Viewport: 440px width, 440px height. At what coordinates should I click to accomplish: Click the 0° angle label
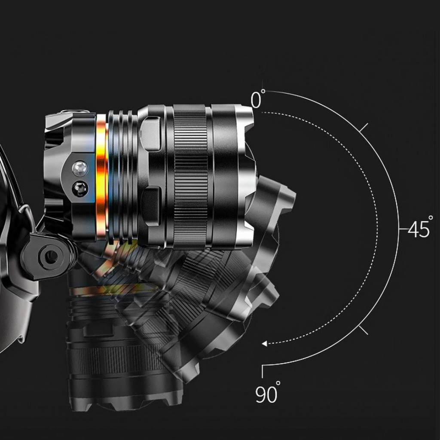[x=257, y=100]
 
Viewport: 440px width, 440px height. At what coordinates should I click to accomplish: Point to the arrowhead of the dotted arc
[x=264, y=343]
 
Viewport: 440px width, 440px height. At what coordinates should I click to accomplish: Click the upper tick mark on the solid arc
[x=364, y=127]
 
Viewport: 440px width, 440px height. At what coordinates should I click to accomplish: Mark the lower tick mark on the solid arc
[x=364, y=330]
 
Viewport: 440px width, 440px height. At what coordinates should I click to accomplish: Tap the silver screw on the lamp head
[x=80, y=168]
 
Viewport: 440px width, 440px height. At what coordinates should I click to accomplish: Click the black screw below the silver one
[x=80, y=188]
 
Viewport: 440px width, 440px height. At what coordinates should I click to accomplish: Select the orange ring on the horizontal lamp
[x=102, y=176]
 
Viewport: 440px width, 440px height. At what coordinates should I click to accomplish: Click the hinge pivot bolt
[x=51, y=257]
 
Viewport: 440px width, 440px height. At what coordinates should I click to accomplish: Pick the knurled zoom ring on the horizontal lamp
[x=190, y=176]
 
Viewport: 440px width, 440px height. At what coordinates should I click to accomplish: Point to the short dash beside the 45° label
[x=403, y=229]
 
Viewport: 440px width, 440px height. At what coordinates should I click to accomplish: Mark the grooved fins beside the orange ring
[x=122, y=176]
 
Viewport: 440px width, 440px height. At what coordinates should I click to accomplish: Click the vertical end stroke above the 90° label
[x=262, y=372]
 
